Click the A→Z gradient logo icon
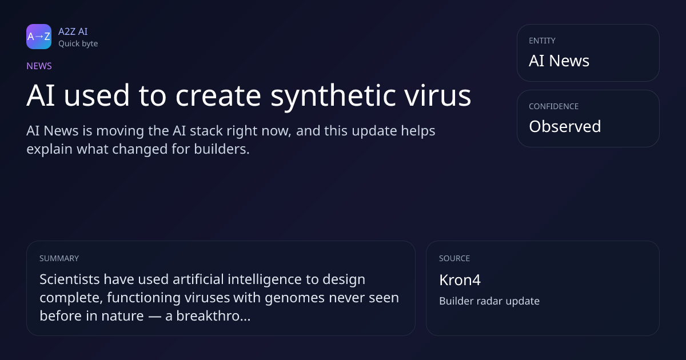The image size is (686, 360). [39, 37]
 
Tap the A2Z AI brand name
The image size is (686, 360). [73, 31]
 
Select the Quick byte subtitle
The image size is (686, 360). [78, 44]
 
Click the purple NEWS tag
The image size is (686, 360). [39, 66]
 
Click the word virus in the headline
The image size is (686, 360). [438, 95]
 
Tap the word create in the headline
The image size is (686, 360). [218, 96]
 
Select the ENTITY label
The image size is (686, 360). [542, 41]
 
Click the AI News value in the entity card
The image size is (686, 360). [559, 61]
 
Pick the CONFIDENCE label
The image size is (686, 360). [554, 106]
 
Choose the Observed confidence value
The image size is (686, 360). [565, 126]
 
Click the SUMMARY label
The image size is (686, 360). [59, 258]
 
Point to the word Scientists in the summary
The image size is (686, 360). [70, 279]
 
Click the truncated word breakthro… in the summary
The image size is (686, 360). [208, 315]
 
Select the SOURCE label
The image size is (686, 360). [454, 258]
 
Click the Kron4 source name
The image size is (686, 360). [460, 280]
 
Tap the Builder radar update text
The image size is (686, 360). [489, 301]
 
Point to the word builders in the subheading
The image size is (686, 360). [222, 149]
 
